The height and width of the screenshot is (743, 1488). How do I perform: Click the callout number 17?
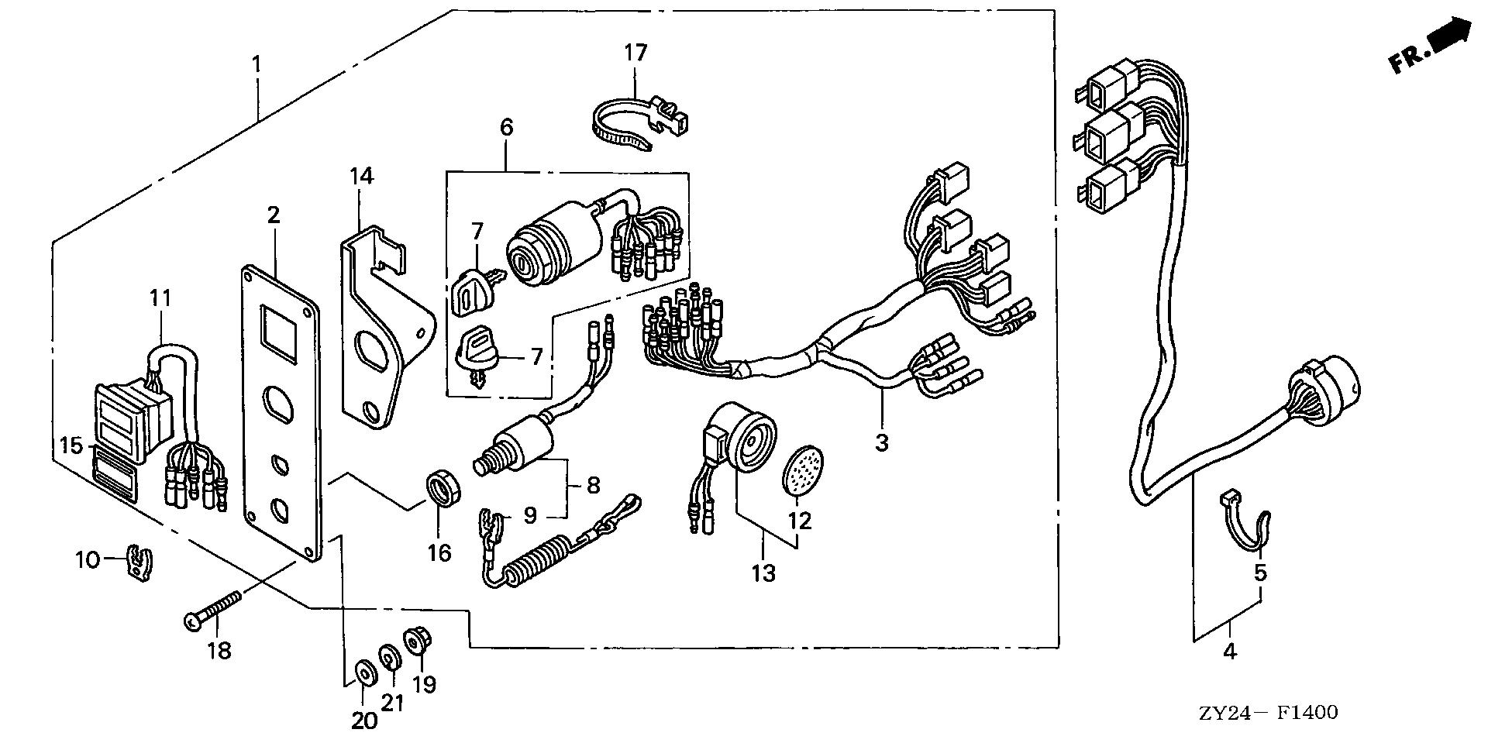click(635, 53)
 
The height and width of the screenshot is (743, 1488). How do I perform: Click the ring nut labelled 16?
click(444, 490)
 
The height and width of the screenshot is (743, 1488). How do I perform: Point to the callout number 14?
click(361, 176)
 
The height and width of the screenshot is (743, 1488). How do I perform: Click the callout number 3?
click(882, 443)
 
